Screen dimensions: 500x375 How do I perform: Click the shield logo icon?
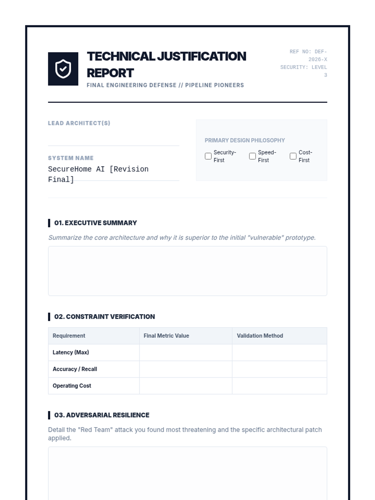point(63,69)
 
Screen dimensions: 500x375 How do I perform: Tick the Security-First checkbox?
point(208,156)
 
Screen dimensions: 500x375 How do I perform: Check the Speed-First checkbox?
point(252,156)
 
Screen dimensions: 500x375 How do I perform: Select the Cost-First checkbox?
point(293,156)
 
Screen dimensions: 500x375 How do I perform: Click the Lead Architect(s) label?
point(79,123)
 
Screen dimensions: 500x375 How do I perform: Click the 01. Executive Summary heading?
point(95,223)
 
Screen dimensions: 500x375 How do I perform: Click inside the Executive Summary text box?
point(187,271)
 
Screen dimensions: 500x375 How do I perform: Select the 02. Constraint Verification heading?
point(104,317)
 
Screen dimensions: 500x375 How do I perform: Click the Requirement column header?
point(69,336)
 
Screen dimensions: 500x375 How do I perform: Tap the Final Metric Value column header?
point(166,336)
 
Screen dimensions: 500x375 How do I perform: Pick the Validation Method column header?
point(260,336)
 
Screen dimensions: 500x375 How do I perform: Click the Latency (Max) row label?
point(71,352)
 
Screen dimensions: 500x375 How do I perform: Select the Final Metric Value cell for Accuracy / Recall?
point(186,369)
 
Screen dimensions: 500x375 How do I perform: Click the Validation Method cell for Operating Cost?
point(279,386)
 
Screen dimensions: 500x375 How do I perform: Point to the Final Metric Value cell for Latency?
point(186,352)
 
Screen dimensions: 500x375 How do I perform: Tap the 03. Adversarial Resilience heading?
point(102,415)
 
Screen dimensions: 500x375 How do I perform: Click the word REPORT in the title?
point(110,73)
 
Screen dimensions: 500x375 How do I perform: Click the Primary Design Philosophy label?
point(245,140)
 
